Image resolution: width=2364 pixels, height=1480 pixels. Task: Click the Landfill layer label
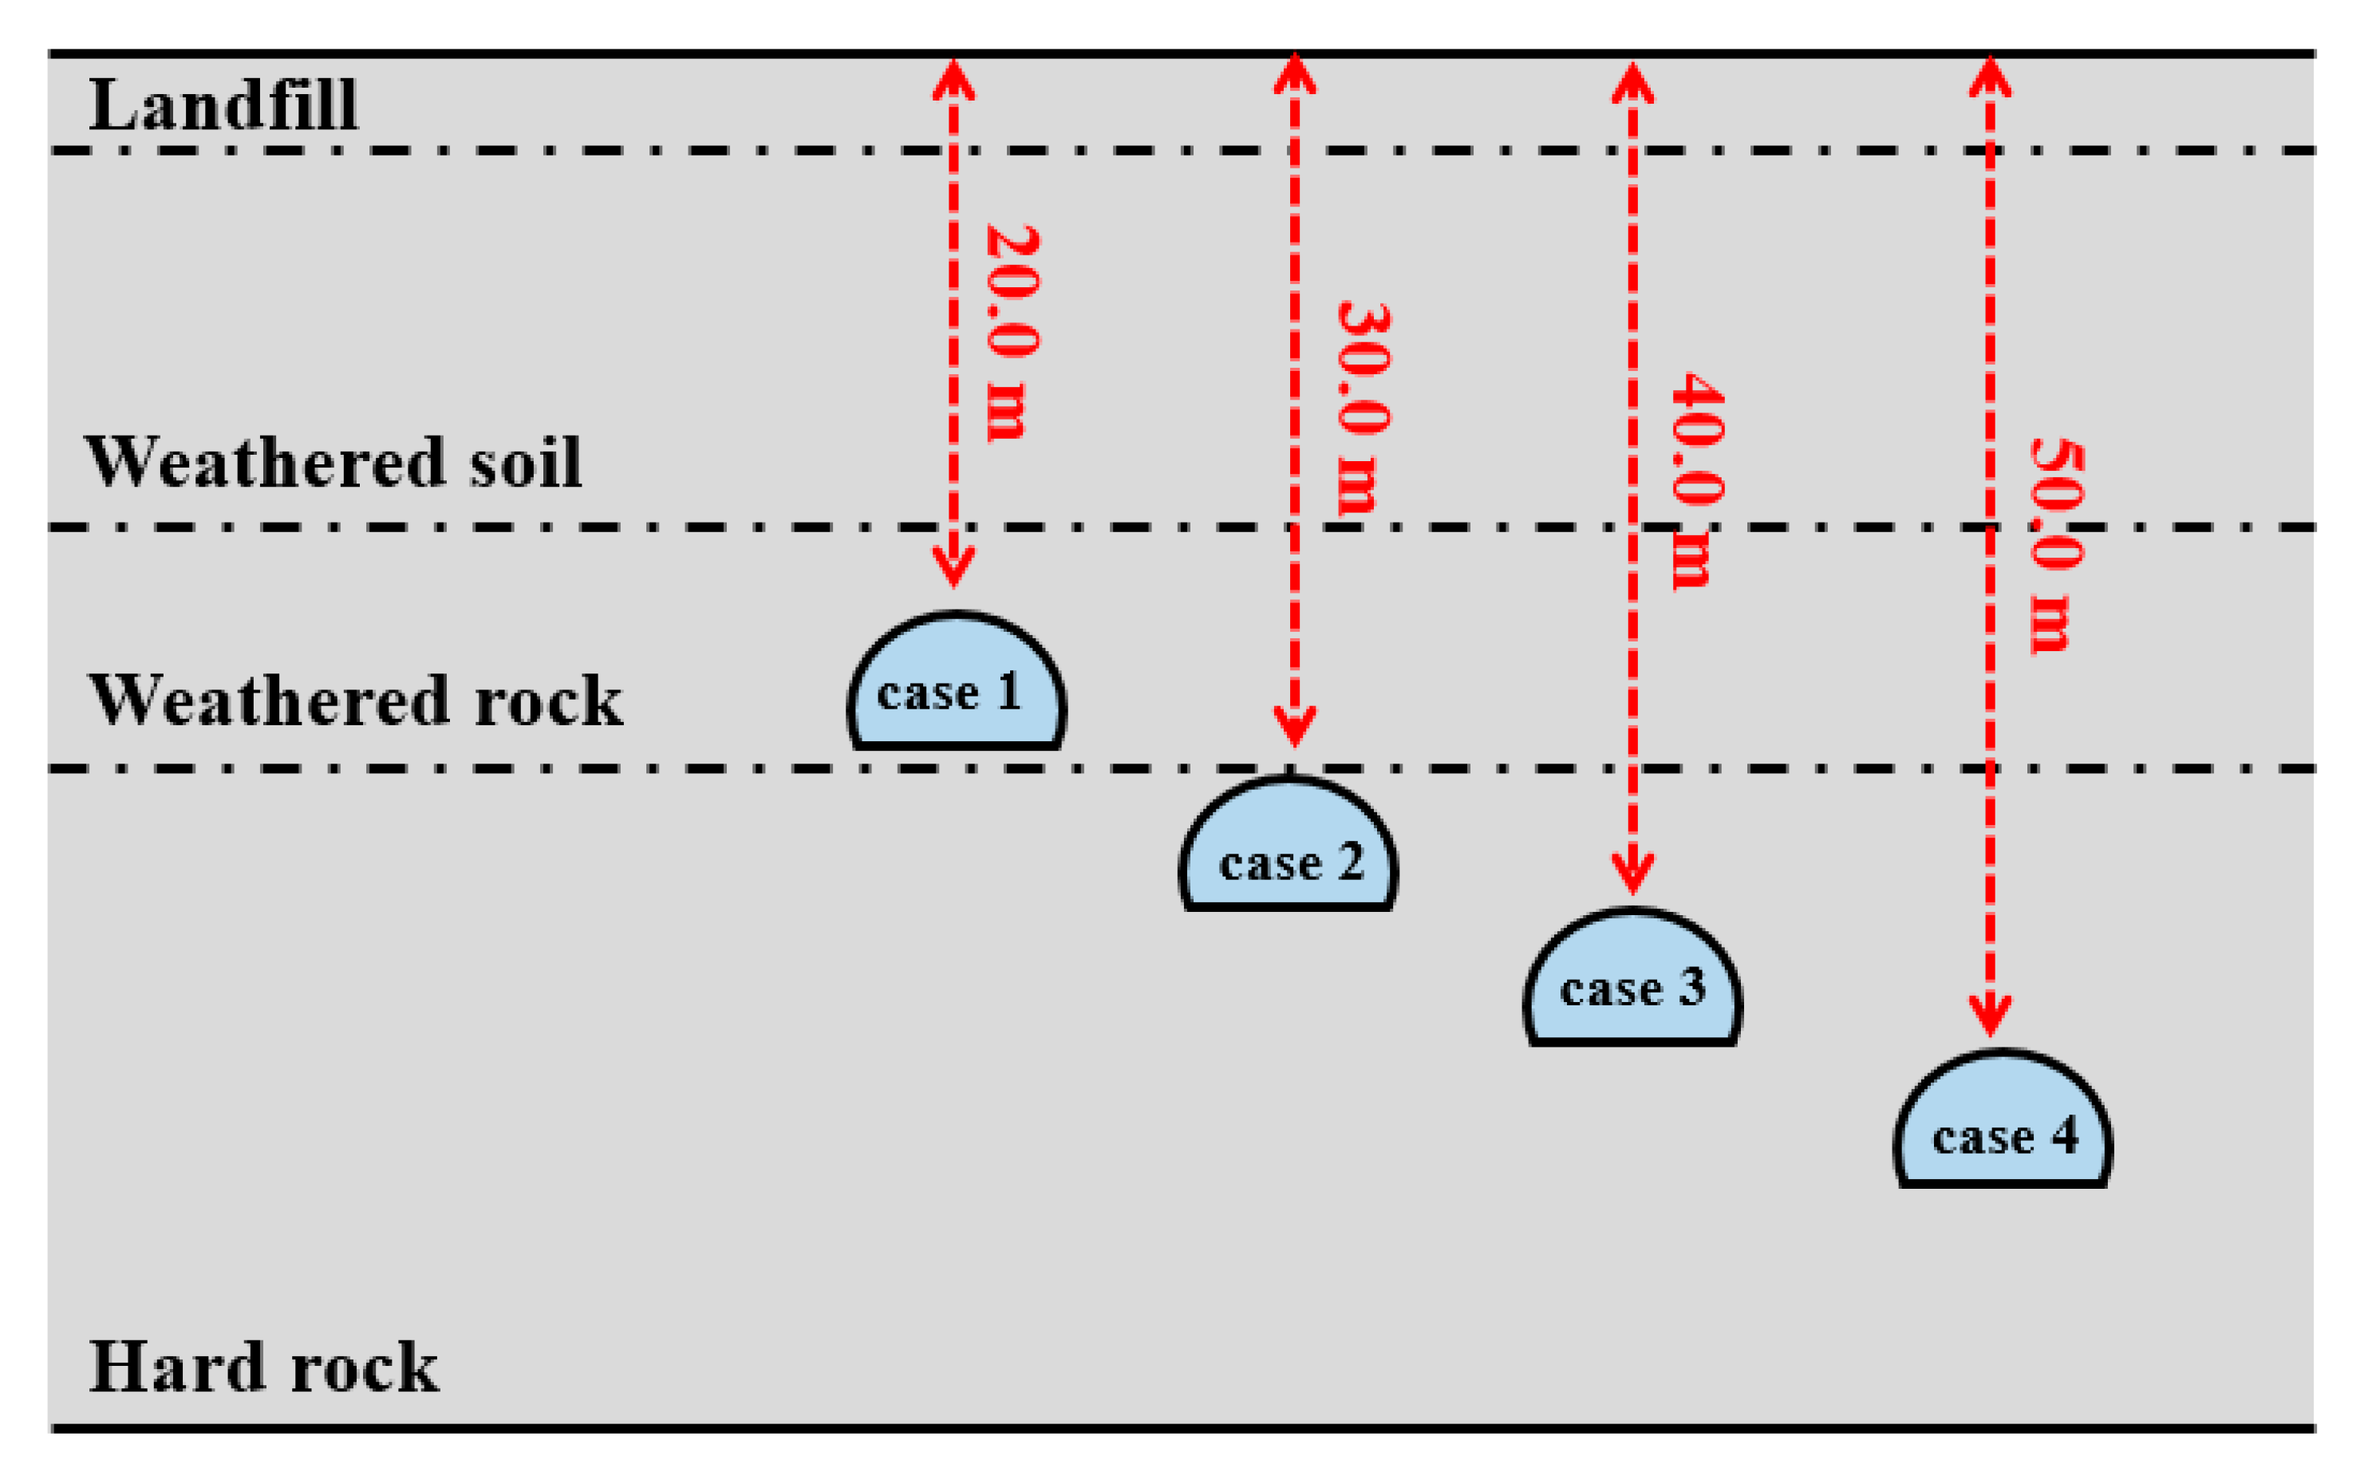click(x=223, y=105)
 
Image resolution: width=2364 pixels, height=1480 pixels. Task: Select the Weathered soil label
click(x=333, y=462)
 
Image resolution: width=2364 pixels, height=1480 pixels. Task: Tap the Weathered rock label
click(x=355, y=701)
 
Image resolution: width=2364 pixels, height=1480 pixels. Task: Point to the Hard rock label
click(x=263, y=1368)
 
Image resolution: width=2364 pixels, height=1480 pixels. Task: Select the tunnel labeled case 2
click(x=1289, y=847)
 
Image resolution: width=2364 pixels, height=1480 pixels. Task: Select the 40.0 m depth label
click(x=1695, y=480)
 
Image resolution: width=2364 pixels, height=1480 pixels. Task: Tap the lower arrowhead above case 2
click(x=1294, y=729)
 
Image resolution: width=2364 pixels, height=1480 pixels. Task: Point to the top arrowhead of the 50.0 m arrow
click(x=1990, y=73)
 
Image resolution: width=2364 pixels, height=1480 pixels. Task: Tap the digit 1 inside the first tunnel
click(x=1009, y=691)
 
